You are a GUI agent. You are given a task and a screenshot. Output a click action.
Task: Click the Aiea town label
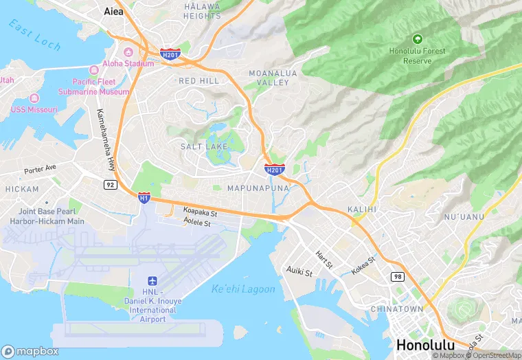(x=113, y=11)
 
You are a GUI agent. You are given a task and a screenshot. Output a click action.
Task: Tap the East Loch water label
(x=34, y=36)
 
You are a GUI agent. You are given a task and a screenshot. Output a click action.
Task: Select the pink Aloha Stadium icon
(x=128, y=53)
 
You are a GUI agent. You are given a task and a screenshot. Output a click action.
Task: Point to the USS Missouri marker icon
(x=34, y=99)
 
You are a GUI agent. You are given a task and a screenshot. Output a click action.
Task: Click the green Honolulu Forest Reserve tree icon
(x=418, y=39)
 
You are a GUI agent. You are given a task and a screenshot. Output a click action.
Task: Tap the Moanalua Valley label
(x=269, y=77)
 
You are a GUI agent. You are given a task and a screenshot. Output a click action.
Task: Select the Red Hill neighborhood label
(x=199, y=81)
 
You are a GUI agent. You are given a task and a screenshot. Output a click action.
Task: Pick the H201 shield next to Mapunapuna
(x=274, y=169)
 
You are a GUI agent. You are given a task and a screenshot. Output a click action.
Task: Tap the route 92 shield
(x=110, y=185)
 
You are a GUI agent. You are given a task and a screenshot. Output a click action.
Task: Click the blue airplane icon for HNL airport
(x=152, y=282)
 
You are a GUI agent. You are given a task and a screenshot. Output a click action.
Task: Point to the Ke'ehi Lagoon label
(x=243, y=289)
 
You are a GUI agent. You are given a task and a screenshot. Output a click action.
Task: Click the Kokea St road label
(x=363, y=266)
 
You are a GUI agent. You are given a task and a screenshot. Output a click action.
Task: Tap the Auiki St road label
(x=299, y=271)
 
